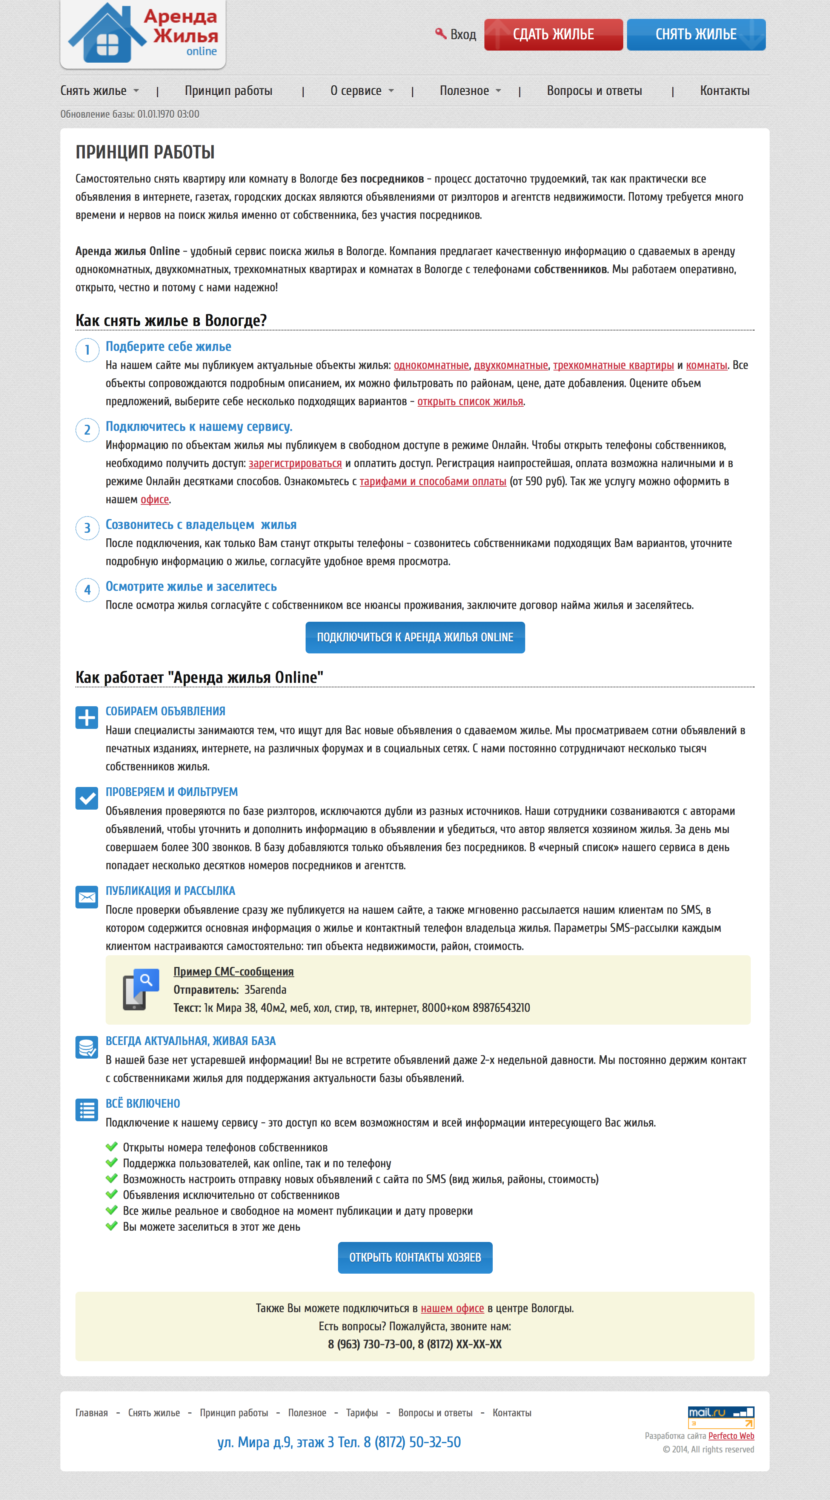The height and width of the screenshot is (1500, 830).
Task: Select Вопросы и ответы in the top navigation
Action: click(x=594, y=91)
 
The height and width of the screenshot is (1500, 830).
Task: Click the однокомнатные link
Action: click(x=431, y=365)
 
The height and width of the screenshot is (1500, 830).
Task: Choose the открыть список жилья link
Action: click(x=470, y=402)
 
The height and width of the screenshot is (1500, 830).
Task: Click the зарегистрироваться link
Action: click(x=295, y=464)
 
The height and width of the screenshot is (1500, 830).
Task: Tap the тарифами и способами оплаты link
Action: click(x=433, y=481)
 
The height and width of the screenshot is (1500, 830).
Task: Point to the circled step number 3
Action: click(x=88, y=528)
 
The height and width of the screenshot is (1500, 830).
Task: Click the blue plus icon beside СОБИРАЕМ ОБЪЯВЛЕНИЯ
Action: click(x=87, y=718)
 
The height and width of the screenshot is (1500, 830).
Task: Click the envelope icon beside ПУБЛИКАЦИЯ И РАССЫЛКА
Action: click(x=87, y=897)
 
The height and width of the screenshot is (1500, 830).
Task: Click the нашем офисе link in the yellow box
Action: click(x=452, y=1308)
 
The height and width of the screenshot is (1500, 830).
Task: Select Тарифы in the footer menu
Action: click(x=362, y=1412)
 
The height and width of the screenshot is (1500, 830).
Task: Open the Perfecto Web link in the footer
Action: click(x=731, y=1436)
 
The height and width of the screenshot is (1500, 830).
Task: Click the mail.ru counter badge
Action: click(x=721, y=1417)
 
